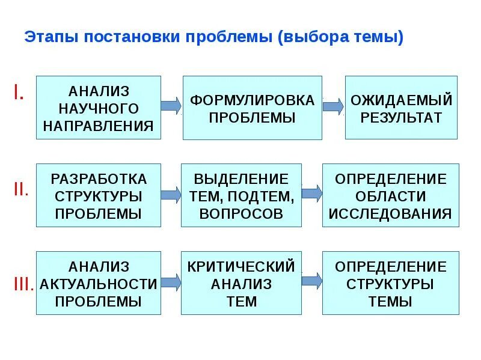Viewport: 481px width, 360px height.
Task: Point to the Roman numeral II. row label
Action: click(21, 189)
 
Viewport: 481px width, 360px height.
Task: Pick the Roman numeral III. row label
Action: click(23, 284)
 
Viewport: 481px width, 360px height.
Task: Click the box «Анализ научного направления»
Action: click(99, 108)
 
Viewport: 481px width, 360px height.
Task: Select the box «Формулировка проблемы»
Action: click(253, 108)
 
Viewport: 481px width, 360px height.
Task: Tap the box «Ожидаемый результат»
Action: click(401, 108)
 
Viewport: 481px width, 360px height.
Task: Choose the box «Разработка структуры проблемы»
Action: click(99, 195)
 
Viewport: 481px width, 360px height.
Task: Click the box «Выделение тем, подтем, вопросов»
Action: click(241, 195)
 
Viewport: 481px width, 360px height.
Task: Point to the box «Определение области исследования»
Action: click(391, 195)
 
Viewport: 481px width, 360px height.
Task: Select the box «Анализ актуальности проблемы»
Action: click(99, 283)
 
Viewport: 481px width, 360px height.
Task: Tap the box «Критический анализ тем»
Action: click(241, 283)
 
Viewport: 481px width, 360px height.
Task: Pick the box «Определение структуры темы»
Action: click(391, 283)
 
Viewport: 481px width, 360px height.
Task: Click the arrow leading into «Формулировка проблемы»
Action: click(171, 106)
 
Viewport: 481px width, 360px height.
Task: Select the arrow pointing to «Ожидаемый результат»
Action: click(333, 106)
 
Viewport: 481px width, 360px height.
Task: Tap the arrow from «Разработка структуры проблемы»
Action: click(171, 194)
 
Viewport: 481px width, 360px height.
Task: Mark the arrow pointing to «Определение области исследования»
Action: click(311, 193)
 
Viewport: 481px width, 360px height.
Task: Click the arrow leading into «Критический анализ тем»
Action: click(171, 281)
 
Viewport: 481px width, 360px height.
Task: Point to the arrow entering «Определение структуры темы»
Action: click(311, 280)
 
